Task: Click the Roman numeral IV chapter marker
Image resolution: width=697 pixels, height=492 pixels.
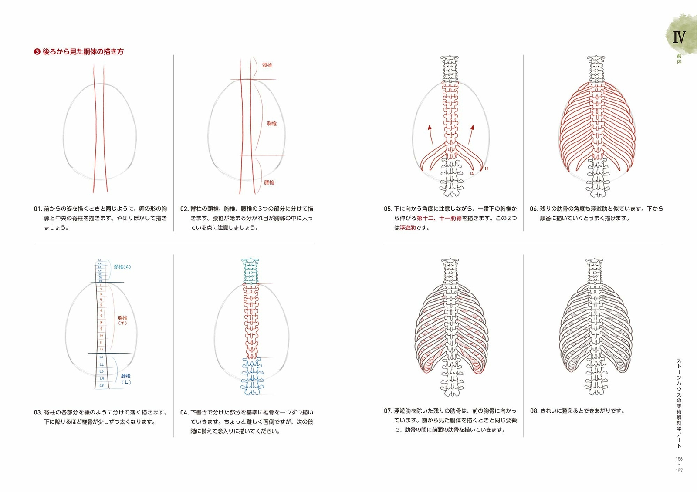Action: pos(679,37)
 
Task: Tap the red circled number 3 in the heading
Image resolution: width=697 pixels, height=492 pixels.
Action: pos(37,52)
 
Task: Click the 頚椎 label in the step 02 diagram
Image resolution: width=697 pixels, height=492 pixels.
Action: pos(267,65)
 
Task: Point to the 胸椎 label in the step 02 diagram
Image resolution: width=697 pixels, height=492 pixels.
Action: pos(271,123)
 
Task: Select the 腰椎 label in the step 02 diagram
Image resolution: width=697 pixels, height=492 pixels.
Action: pos(269,182)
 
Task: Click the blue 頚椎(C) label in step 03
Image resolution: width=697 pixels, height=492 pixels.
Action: pos(122,266)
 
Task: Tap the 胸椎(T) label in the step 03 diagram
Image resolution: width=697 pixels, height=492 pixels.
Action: pos(122,320)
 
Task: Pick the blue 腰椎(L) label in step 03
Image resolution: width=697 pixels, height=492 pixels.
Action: pos(126,379)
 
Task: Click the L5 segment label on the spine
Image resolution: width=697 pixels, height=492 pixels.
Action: pos(102,385)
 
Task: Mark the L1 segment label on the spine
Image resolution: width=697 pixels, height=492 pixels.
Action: pos(101,357)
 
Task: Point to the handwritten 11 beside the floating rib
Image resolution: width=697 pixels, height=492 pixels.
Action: pos(486,168)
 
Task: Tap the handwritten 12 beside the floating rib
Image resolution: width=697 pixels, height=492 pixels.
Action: pos(472,173)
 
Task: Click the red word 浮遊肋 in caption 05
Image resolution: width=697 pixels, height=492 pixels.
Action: pos(407,228)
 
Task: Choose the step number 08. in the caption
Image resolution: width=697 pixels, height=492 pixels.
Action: pos(534,411)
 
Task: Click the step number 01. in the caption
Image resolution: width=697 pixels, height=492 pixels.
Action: pos(38,209)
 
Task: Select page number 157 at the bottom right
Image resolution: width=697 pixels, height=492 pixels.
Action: pos(679,470)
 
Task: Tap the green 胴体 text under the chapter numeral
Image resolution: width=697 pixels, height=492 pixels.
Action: pos(679,59)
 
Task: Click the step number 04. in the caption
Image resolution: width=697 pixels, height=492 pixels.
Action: pos(184,412)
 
